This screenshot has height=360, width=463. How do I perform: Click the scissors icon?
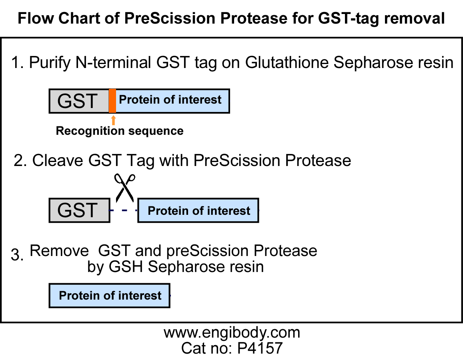click(124, 188)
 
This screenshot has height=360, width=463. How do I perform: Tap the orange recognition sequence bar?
click(112, 101)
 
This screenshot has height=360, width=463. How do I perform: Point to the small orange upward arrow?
click(113, 120)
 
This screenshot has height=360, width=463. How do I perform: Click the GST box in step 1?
click(79, 101)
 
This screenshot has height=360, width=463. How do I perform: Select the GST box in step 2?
click(79, 210)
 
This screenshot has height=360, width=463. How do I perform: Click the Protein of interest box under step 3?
click(110, 296)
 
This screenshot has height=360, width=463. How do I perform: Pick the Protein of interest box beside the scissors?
click(198, 210)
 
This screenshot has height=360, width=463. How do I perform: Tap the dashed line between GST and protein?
click(124, 210)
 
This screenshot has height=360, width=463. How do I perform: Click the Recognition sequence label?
click(120, 131)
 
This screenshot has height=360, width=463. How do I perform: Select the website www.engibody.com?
click(232, 332)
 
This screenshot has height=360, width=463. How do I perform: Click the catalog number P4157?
click(260, 348)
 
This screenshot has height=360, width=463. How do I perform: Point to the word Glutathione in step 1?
click(287, 62)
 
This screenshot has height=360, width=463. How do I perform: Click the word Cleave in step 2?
click(58, 160)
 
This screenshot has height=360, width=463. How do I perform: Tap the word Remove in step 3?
click(59, 251)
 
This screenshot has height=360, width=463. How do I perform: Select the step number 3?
click(17, 254)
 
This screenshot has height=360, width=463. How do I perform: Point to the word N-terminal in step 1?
click(113, 62)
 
